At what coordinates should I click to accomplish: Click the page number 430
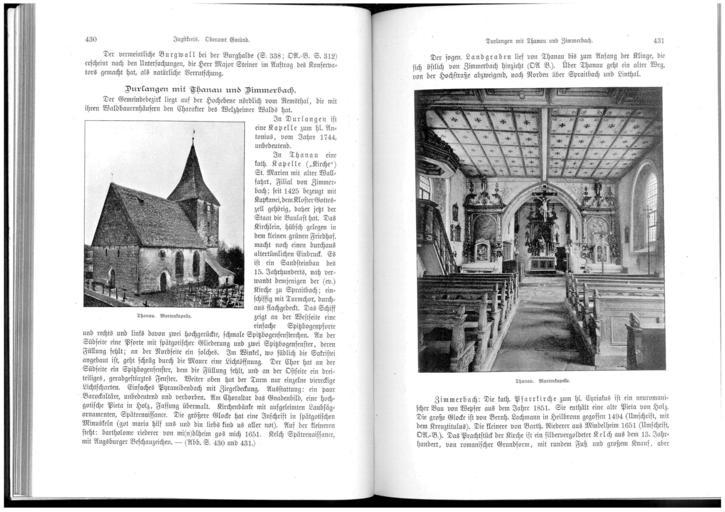coord(91,40)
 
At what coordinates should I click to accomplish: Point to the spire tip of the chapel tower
coord(192,138)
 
